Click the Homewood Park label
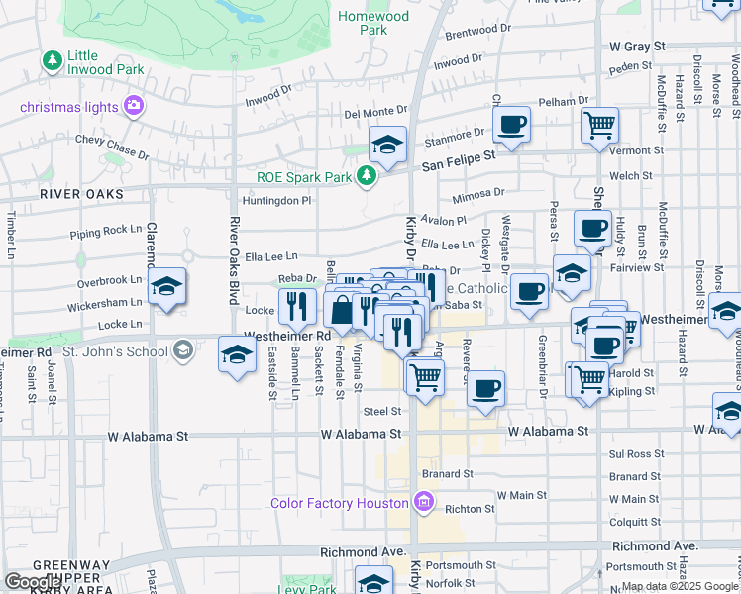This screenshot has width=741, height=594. click(372, 23)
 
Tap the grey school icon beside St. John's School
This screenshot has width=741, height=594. click(182, 349)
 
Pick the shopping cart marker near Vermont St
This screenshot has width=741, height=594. click(599, 126)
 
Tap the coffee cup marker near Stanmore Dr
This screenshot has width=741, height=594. click(510, 125)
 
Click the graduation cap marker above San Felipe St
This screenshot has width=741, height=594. click(387, 145)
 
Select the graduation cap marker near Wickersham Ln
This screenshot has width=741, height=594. click(168, 287)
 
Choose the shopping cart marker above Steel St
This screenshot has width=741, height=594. click(425, 377)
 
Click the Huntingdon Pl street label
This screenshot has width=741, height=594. click(280, 200)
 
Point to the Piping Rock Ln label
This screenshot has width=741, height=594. click(106, 233)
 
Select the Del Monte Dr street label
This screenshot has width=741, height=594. click(375, 112)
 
